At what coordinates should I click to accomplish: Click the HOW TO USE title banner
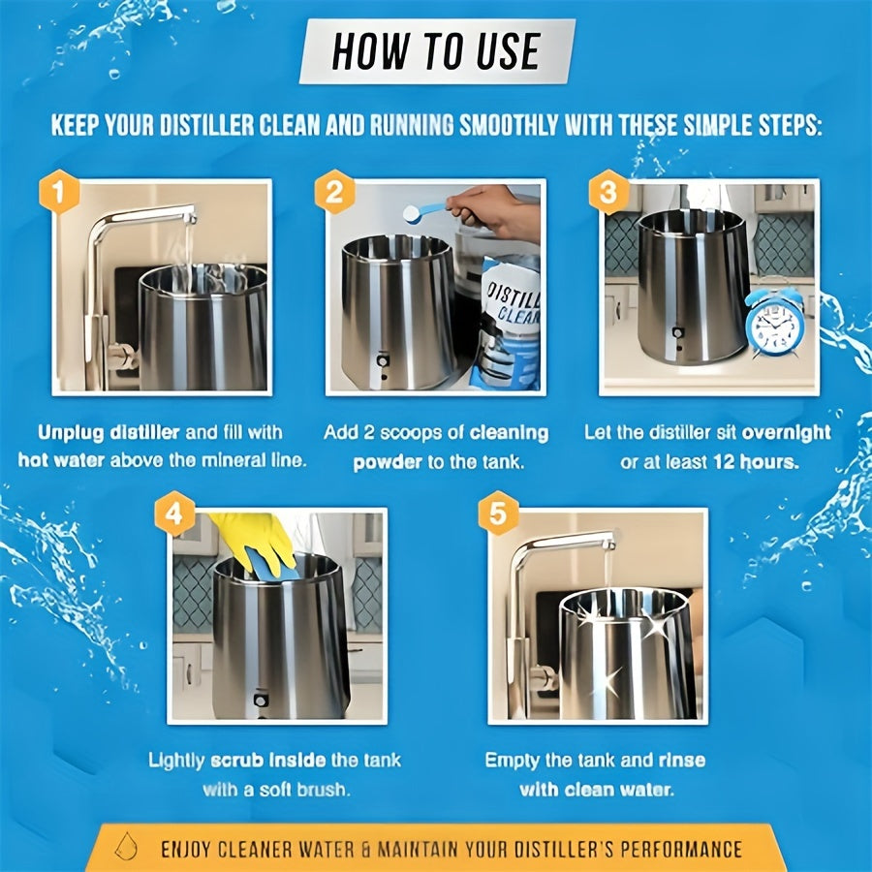tap(437, 51)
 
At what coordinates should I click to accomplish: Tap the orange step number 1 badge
tap(58, 193)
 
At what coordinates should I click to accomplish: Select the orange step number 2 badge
tap(334, 193)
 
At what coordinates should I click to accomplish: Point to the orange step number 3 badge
tap(608, 193)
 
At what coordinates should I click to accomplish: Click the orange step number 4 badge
tap(174, 514)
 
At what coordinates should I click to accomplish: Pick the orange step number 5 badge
tap(498, 514)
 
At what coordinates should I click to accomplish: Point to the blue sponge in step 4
tap(272, 566)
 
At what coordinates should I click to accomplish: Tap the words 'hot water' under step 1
tap(61, 460)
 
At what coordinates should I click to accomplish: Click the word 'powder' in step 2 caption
tap(388, 463)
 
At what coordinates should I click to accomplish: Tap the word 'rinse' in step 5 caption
tap(682, 761)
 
